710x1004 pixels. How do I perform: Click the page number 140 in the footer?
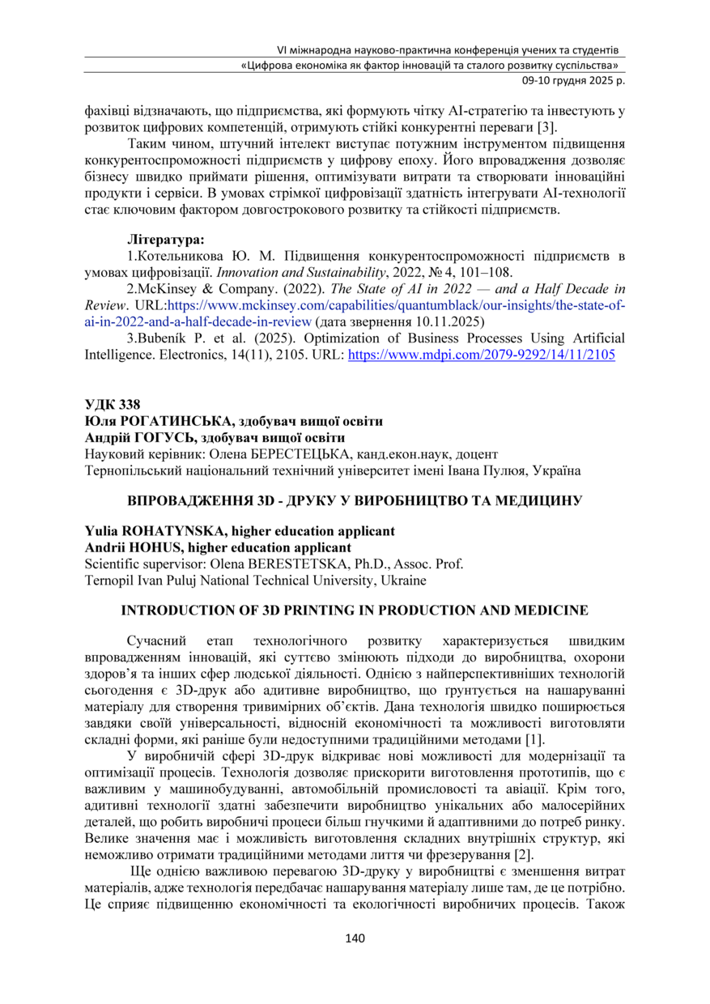tap(355, 939)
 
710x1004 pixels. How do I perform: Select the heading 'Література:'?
tap(165, 240)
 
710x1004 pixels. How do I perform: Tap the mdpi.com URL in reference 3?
tap(481, 354)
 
